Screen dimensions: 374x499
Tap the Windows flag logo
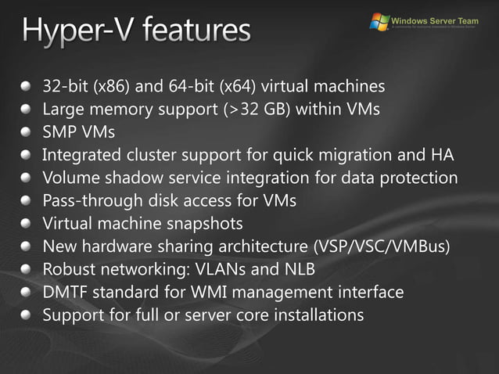[x=379, y=20]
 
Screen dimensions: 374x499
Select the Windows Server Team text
[x=434, y=19]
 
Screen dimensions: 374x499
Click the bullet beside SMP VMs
[x=27, y=131]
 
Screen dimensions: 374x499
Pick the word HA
[x=443, y=154]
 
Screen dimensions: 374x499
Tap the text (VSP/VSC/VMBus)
[x=381, y=246]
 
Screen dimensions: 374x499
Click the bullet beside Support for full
[x=27, y=315]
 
